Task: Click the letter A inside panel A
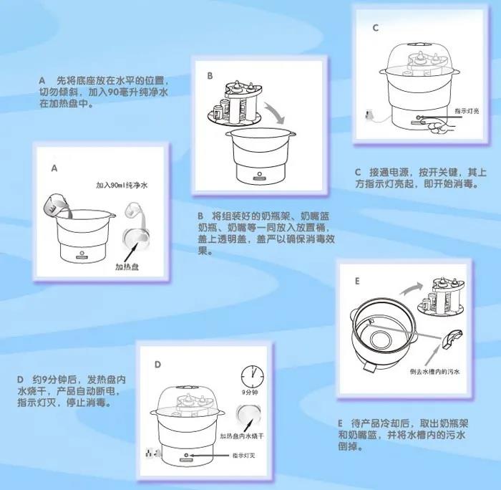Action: [x=53, y=168]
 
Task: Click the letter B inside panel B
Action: [x=210, y=75]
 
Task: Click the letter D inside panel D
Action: [x=157, y=364]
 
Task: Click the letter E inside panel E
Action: [x=356, y=282]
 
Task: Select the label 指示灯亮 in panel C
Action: [x=467, y=111]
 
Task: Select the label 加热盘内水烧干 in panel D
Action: [x=245, y=435]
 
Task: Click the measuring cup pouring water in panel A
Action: [x=54, y=206]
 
